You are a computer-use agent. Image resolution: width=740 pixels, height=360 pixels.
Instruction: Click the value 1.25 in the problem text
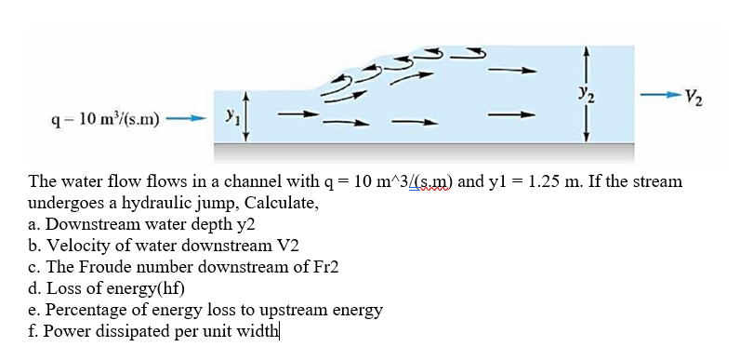(536, 180)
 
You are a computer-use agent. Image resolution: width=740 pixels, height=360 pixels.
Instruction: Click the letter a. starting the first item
(35, 225)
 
